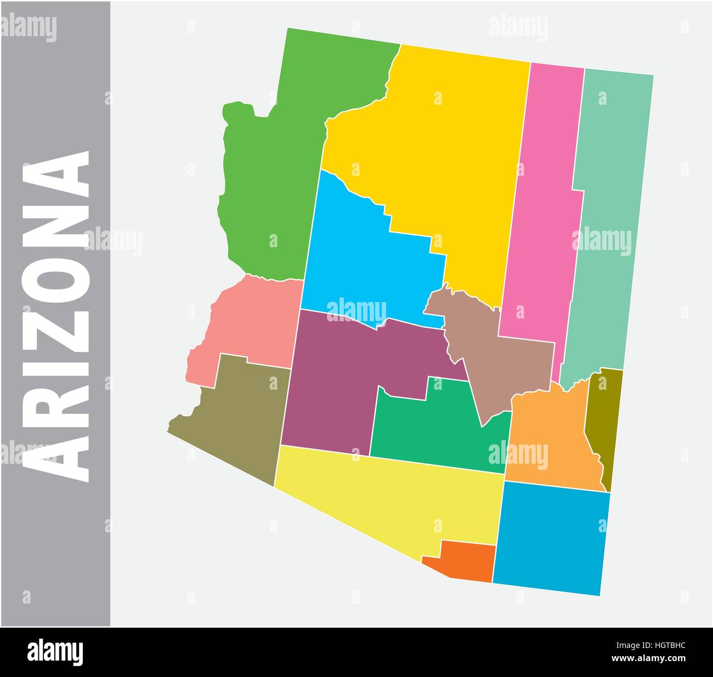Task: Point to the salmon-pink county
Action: tap(247, 323)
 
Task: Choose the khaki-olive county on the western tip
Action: tap(241, 417)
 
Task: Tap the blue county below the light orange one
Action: tap(551, 537)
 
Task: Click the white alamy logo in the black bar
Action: tap(55, 652)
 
